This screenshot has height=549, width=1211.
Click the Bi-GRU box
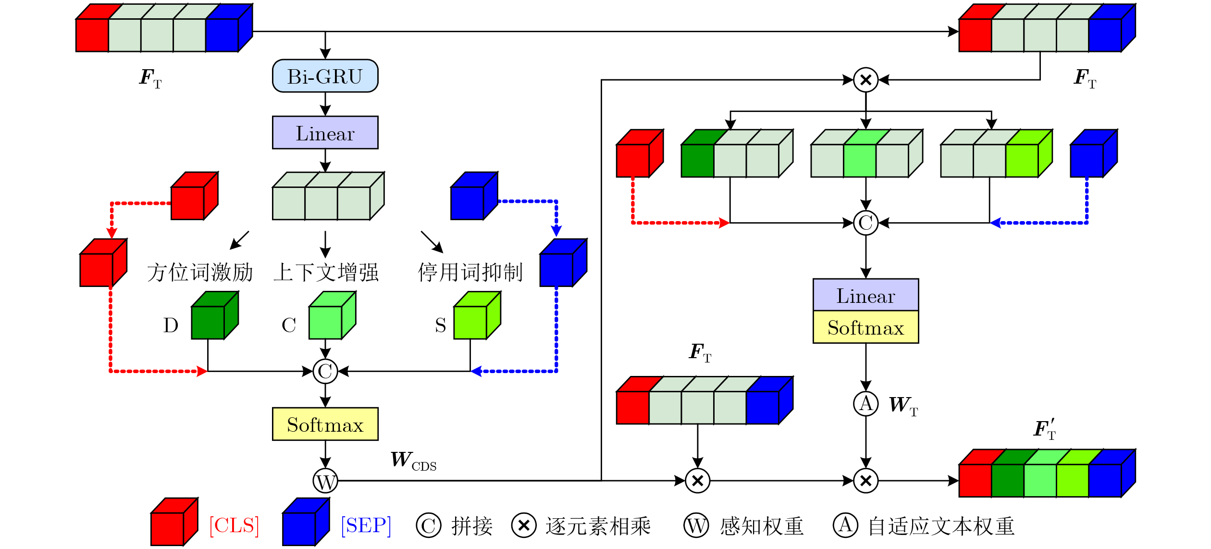point(325,76)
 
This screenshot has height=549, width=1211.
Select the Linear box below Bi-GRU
point(325,133)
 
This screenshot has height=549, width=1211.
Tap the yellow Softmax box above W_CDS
point(325,424)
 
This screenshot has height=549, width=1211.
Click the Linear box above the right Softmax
point(865,295)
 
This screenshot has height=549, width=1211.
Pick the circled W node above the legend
point(325,481)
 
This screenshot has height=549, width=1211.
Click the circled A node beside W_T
point(865,403)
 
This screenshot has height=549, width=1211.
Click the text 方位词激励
point(200,273)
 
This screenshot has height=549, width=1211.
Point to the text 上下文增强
point(326,273)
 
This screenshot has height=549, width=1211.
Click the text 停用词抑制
point(470,273)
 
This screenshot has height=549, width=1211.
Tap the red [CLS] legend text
point(234,525)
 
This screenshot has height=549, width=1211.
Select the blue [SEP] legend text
point(366,525)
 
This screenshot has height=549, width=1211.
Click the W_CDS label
point(413,461)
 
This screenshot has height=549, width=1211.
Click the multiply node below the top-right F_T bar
point(865,80)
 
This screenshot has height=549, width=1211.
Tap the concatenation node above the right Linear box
point(865,223)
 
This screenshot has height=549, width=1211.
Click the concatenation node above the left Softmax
point(325,371)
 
